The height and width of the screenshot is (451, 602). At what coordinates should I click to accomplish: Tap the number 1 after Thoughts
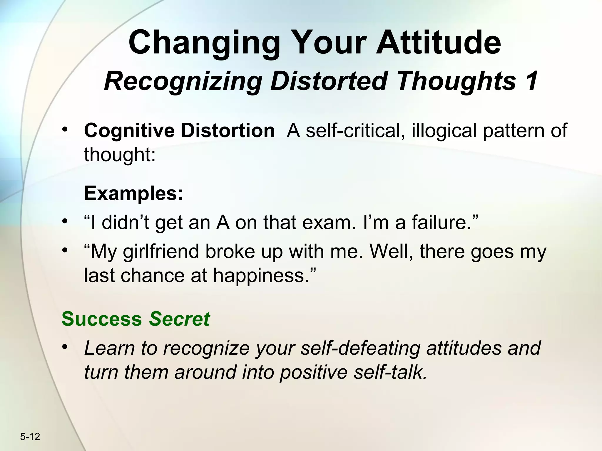(x=531, y=81)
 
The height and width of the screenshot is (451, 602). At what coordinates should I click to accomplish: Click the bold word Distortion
(x=228, y=131)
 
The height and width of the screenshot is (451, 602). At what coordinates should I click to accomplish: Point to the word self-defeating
(x=361, y=348)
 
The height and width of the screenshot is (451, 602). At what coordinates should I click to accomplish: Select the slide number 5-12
(x=30, y=437)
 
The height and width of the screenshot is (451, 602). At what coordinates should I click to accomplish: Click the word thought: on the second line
(x=120, y=155)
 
